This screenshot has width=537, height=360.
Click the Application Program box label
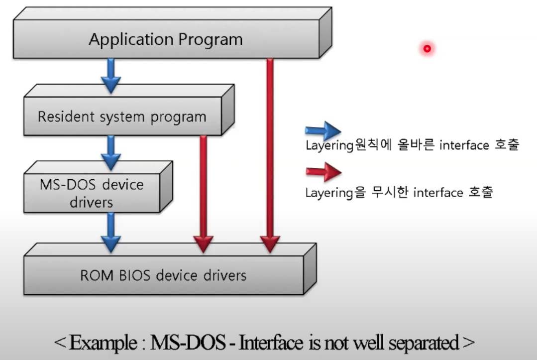pyautogui.click(x=166, y=39)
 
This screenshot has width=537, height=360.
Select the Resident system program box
pyautogui.click(x=122, y=117)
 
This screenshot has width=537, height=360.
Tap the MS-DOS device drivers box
pyautogui.click(x=91, y=193)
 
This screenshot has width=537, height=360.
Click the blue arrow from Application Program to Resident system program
pyautogui.click(x=110, y=75)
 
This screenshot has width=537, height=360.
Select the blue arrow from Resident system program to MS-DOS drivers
pyautogui.click(x=110, y=152)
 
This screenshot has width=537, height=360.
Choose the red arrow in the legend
pyautogui.click(x=322, y=172)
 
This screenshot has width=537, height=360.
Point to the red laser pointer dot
pyautogui.click(x=427, y=48)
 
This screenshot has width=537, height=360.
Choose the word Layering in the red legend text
pyautogui.click(x=328, y=193)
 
